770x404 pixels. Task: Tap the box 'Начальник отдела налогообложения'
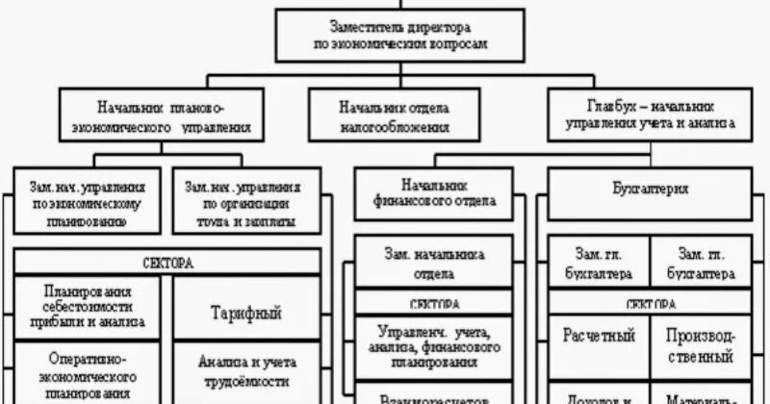click(x=394, y=114)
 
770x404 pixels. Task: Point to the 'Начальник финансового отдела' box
click(x=434, y=192)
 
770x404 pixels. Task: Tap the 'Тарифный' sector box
click(x=245, y=314)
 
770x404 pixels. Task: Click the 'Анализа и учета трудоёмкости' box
click(x=245, y=371)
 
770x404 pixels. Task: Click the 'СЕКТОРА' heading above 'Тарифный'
click(x=168, y=262)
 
